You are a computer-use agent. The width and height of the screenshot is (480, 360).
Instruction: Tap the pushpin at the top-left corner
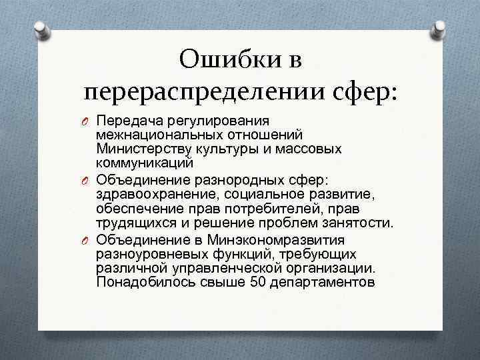click(x=41, y=30)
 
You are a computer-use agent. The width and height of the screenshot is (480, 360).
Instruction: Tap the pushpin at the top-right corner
click(x=440, y=30)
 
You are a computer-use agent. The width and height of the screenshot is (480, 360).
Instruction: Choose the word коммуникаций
click(x=145, y=163)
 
